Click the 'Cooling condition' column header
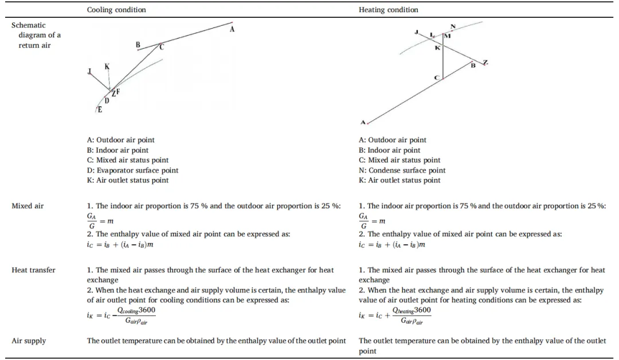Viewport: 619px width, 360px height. tap(116, 10)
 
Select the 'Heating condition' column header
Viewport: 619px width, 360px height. tap(389, 10)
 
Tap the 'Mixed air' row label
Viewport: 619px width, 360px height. tap(28, 206)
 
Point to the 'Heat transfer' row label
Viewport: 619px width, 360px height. tap(33, 270)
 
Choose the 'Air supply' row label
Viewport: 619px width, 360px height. tap(29, 341)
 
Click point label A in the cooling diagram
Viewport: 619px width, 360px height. tap(232, 29)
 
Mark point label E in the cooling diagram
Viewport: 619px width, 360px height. tap(100, 110)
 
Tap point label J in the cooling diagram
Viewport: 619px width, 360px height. tap(89, 72)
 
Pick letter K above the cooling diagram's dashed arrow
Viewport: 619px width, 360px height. tap(107, 67)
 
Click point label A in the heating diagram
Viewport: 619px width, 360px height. tap(363, 122)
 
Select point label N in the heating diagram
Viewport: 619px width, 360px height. tap(453, 27)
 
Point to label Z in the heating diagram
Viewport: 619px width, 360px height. tap(485, 62)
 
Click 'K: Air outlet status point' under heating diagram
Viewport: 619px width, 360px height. tap(399, 180)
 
